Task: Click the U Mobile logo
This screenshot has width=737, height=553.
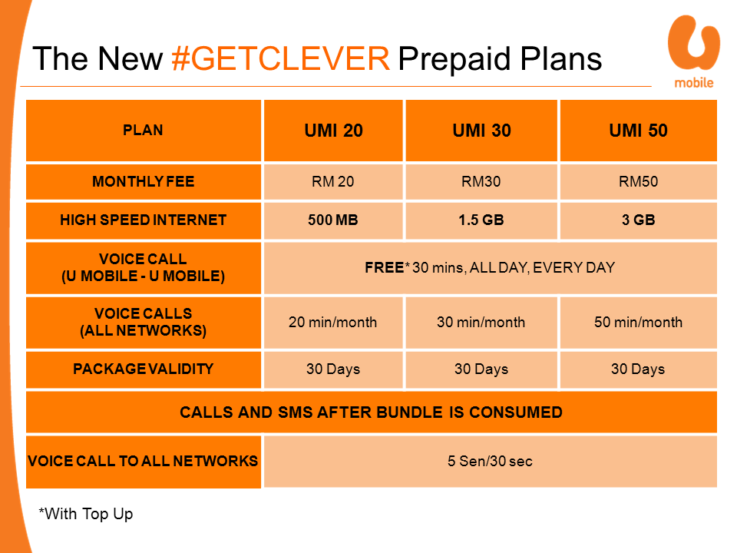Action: (694, 51)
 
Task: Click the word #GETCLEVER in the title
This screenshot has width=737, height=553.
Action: (281, 59)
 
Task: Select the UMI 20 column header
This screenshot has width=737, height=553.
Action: (333, 131)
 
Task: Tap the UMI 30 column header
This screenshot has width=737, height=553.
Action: (481, 131)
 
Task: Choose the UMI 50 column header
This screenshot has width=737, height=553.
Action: (638, 131)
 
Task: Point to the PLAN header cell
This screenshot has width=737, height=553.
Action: (144, 131)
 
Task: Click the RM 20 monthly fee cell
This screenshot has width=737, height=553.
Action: (333, 181)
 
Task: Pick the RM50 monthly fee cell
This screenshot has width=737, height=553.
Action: (638, 181)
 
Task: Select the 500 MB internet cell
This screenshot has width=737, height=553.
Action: (333, 220)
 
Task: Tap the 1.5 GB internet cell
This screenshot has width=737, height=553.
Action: (481, 220)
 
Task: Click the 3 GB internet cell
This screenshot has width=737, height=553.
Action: (638, 220)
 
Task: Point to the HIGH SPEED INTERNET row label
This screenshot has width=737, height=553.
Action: (144, 220)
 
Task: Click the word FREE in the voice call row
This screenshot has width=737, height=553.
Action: (384, 267)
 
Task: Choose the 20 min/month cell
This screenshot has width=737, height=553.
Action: (333, 323)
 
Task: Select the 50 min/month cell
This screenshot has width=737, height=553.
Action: (638, 323)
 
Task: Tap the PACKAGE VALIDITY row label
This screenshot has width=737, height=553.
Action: (144, 369)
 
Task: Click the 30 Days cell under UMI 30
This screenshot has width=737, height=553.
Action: (481, 369)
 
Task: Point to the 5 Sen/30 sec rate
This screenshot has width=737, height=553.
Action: (491, 462)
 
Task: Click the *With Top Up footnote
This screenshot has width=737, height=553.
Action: (86, 514)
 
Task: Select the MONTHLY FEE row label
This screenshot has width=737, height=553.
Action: (144, 181)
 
